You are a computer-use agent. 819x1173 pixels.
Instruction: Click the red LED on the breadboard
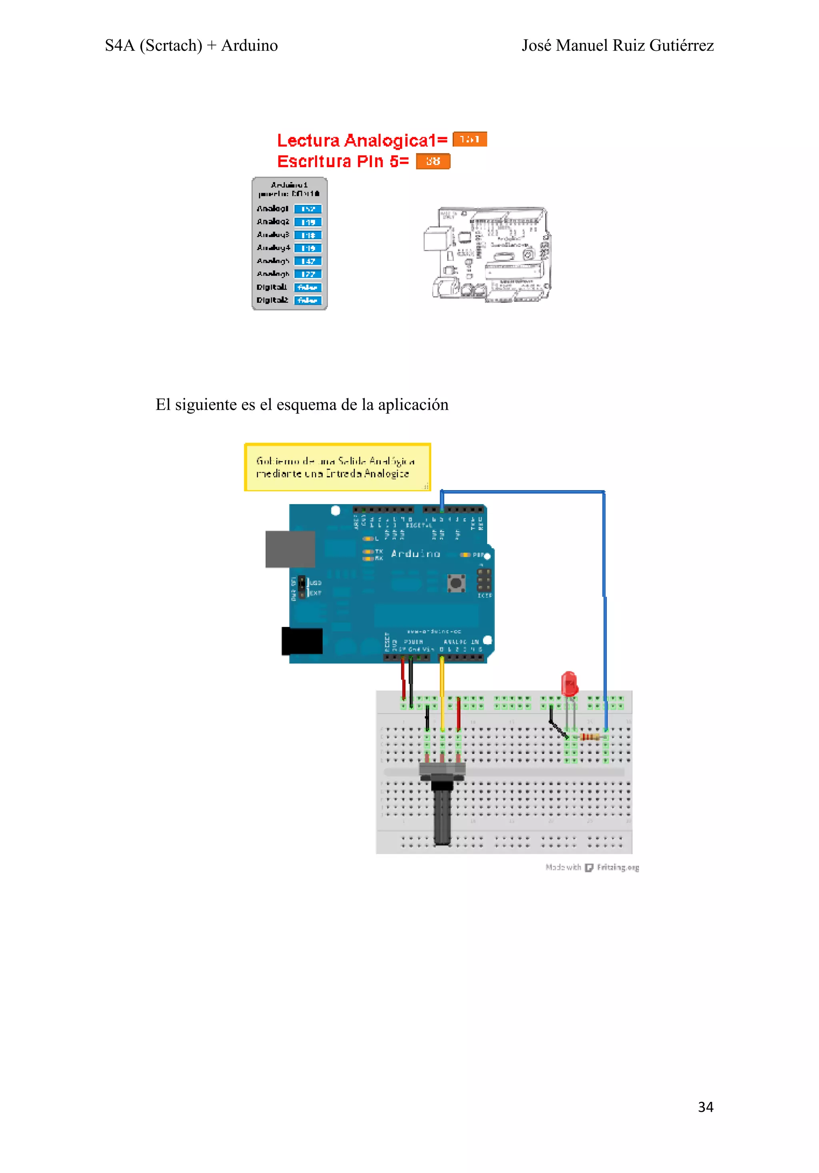[x=569, y=684]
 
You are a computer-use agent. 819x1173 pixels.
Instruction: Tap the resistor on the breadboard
[x=590, y=737]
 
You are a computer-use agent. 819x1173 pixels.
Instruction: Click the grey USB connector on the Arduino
[x=290, y=549]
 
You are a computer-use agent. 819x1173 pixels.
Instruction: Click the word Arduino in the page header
[x=249, y=46]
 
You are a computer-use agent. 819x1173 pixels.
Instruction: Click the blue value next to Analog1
[x=308, y=209]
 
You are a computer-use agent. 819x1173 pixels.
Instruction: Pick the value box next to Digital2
[x=308, y=300]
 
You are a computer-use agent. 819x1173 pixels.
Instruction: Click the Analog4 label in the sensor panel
[x=273, y=248]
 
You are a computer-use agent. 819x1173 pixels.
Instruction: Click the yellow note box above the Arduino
[x=338, y=467]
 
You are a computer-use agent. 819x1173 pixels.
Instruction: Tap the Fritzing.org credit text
[x=618, y=867]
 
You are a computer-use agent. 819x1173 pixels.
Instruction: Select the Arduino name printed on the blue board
[x=415, y=554]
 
